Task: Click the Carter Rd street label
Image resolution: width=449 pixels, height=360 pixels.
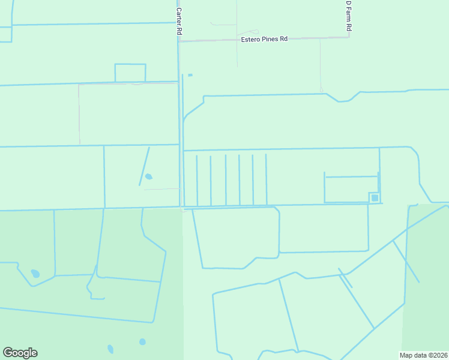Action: coord(179,19)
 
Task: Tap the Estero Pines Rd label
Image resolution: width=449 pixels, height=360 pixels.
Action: coord(264,39)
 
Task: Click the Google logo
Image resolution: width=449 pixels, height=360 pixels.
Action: coord(20,353)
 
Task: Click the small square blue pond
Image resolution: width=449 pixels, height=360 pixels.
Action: coord(375,197)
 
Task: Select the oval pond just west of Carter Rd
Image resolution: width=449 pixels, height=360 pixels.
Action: coord(148,176)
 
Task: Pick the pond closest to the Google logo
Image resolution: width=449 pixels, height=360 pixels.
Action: coord(110,349)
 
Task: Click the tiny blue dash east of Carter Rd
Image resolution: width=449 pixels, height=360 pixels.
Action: coord(190,75)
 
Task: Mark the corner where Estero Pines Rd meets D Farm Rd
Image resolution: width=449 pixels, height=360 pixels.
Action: coord(349,37)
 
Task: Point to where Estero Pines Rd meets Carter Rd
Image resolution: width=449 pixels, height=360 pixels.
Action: coord(179,41)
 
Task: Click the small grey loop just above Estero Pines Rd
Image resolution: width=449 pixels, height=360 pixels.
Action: coord(247,32)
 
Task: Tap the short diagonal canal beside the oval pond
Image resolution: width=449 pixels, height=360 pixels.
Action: coord(145,166)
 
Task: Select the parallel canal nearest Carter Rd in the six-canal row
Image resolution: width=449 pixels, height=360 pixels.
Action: coord(197,180)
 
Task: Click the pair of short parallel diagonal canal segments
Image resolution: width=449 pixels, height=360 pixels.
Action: coord(345,278)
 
